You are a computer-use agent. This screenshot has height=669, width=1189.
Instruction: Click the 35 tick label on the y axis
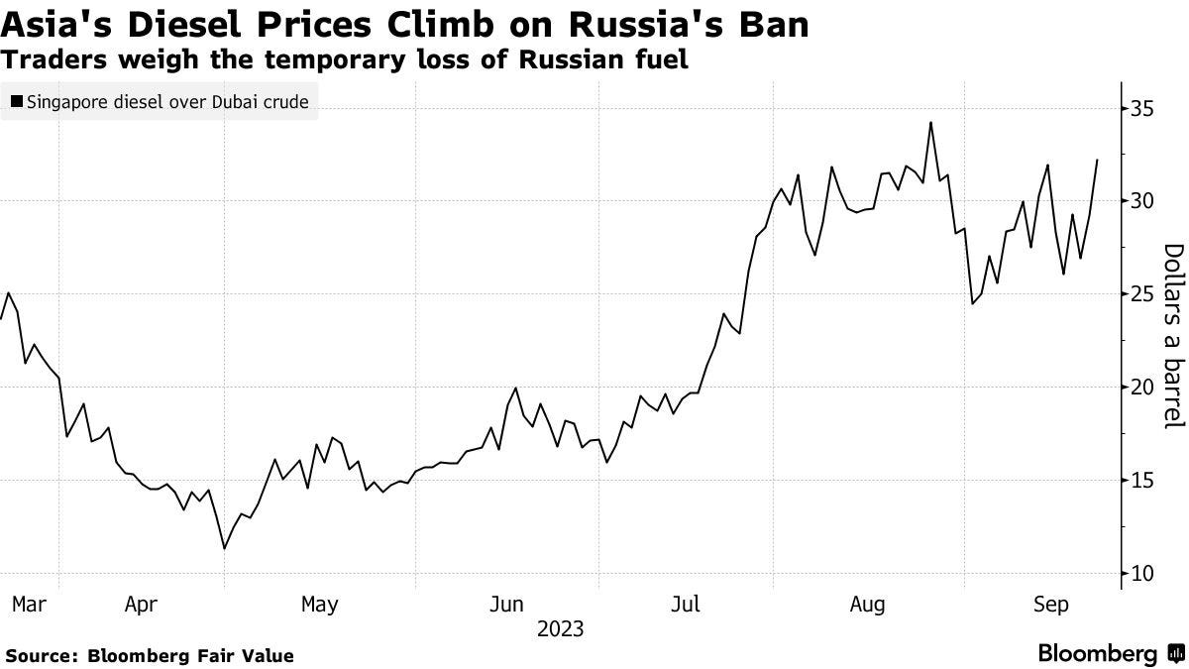tap(1143, 108)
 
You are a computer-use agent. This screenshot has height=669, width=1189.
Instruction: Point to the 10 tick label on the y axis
tap(1143, 574)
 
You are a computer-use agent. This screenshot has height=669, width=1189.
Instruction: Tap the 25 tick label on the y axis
tap(1143, 294)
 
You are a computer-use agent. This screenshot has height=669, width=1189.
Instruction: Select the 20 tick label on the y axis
tap(1143, 388)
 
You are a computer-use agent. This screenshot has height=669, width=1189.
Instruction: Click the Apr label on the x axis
tap(141, 604)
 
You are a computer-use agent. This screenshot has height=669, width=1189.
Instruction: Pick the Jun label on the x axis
tap(506, 604)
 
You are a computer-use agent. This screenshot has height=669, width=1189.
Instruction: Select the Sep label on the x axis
tap(1050, 604)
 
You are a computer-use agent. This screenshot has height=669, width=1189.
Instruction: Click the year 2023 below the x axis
tap(560, 628)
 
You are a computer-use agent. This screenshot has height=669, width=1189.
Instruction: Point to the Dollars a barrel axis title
tap(1173, 337)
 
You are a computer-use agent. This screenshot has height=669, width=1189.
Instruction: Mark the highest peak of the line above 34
tap(930, 123)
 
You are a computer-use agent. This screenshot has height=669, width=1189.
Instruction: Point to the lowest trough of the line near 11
tap(225, 548)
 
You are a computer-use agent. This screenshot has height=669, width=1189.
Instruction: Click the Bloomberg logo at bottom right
tap(1110, 654)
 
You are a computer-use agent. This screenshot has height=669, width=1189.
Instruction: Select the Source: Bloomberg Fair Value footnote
tap(150, 656)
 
